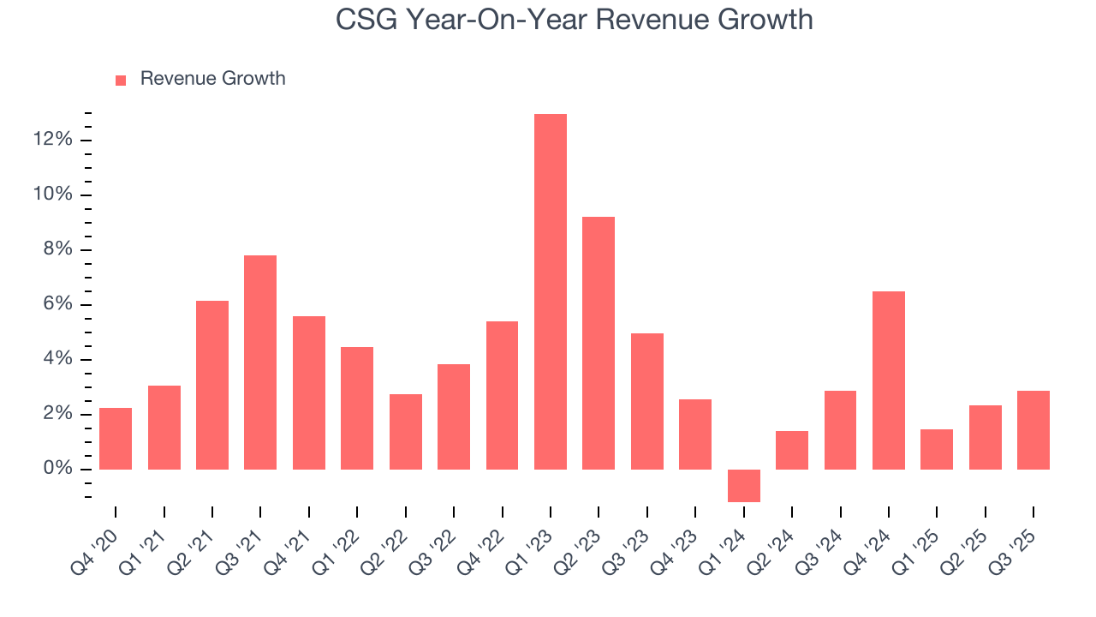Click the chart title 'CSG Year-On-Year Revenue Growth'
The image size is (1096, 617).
pos(574,19)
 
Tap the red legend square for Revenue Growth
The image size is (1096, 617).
pos(121,80)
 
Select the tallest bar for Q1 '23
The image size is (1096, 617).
pos(551,291)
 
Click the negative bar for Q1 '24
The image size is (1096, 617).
pos(743,485)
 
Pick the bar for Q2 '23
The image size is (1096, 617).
pos(599,343)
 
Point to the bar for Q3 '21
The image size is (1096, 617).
pos(260,362)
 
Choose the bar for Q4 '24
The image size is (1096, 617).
pos(888,380)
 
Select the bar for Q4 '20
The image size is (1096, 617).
pos(116,438)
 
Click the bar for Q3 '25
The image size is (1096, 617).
pos(1033,429)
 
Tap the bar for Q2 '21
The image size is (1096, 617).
pos(212,385)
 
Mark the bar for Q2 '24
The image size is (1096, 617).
pos(791,450)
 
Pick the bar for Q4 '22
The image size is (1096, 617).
pos(502,395)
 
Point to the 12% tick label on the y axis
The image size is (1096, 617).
pos(53,140)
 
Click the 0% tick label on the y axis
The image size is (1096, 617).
pos(57,469)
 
